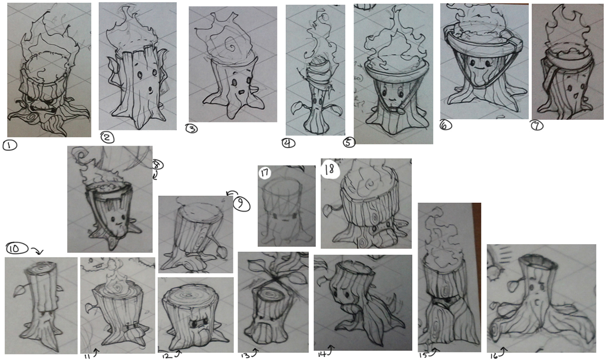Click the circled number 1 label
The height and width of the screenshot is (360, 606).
pyautogui.click(x=10, y=145)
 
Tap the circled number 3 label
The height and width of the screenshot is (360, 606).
pyautogui.click(x=191, y=128)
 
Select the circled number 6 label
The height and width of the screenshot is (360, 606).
pyautogui.click(x=445, y=125)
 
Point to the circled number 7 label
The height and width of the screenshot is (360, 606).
pyautogui.click(x=537, y=126)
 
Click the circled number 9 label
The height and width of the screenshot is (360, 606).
pyautogui.click(x=241, y=203)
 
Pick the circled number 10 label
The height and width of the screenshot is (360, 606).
pyautogui.click(x=17, y=248)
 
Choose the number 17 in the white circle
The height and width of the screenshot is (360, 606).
pyautogui.click(x=265, y=173)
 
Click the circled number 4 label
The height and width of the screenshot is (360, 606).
pyautogui.click(x=288, y=143)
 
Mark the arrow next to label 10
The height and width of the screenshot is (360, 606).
pyautogui.click(x=38, y=251)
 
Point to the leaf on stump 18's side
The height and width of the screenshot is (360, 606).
pyautogui.click(x=328, y=210)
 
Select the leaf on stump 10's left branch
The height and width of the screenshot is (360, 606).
pyautogui.click(x=18, y=291)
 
